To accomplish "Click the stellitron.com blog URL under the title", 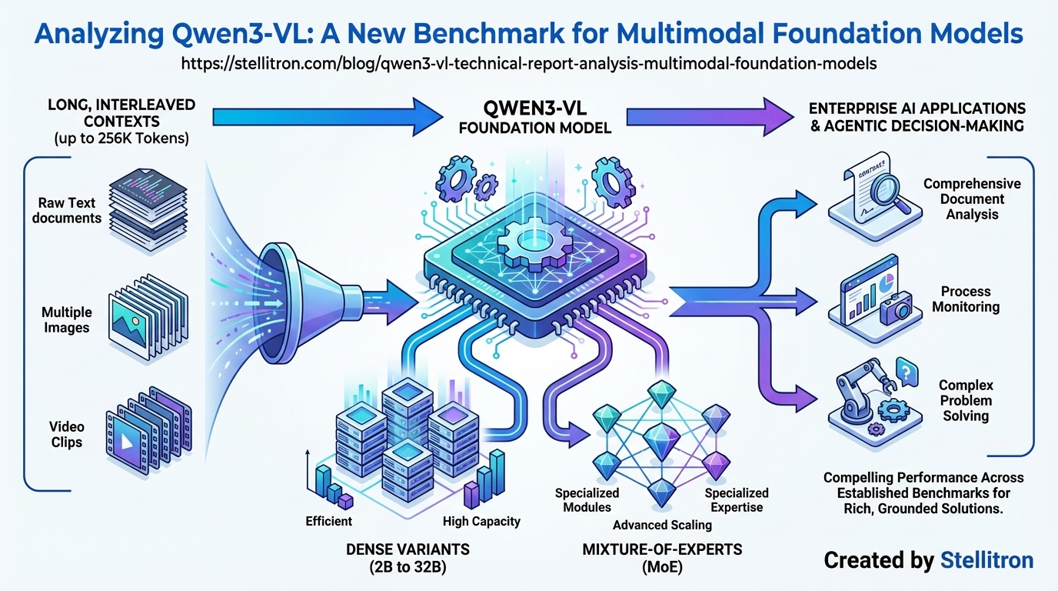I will point(529,64).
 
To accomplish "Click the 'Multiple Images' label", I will point(67,320).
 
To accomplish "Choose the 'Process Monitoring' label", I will point(966,299).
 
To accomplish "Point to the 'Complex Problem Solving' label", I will point(966,400).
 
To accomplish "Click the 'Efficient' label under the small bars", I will point(328,521).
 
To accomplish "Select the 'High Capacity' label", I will point(481,521).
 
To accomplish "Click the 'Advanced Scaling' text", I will point(662,525).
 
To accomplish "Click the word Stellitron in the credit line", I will point(987,560).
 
